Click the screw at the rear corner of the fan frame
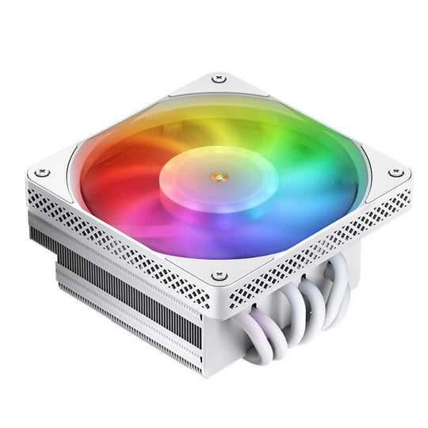pos(220,79)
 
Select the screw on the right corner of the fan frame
pos(393,173)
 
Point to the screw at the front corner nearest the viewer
pos(220,276)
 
